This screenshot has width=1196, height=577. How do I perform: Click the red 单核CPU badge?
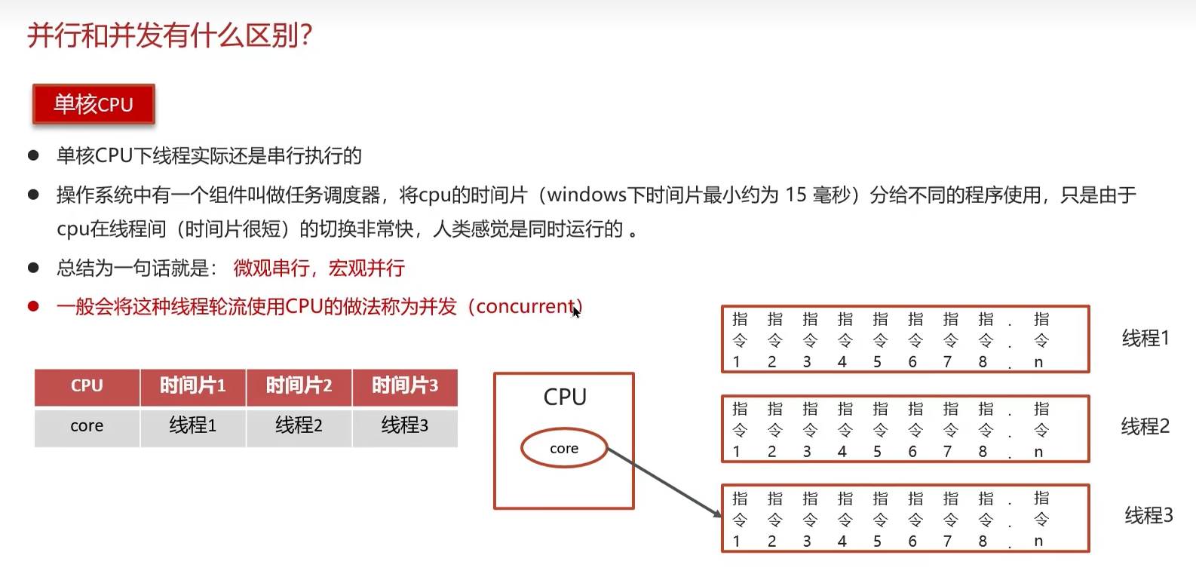point(94,104)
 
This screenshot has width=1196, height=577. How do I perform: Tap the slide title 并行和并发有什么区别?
point(170,35)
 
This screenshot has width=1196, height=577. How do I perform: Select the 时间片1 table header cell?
point(193,386)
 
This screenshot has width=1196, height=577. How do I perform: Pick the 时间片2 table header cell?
point(299,386)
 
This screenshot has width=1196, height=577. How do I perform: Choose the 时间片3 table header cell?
point(405,386)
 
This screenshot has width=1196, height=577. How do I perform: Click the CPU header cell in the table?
point(87,386)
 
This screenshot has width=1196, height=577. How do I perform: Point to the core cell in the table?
point(87,426)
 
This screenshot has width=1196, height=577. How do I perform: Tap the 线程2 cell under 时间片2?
point(299,426)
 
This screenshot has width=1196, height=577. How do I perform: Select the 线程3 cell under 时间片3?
point(405,426)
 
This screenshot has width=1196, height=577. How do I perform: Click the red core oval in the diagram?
point(564,449)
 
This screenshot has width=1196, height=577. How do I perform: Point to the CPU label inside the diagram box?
point(565,397)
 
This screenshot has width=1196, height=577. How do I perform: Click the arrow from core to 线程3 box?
point(664,482)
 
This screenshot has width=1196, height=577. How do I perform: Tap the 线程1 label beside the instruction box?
point(1145,339)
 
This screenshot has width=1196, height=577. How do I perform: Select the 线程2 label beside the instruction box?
point(1145,427)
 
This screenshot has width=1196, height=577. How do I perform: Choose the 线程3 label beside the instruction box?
point(1148,516)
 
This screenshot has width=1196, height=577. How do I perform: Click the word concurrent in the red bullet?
point(526,307)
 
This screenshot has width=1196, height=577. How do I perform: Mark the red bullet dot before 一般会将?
point(33,306)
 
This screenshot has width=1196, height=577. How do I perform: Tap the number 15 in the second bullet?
point(796,195)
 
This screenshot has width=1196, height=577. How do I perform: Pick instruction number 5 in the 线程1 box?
point(878,362)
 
